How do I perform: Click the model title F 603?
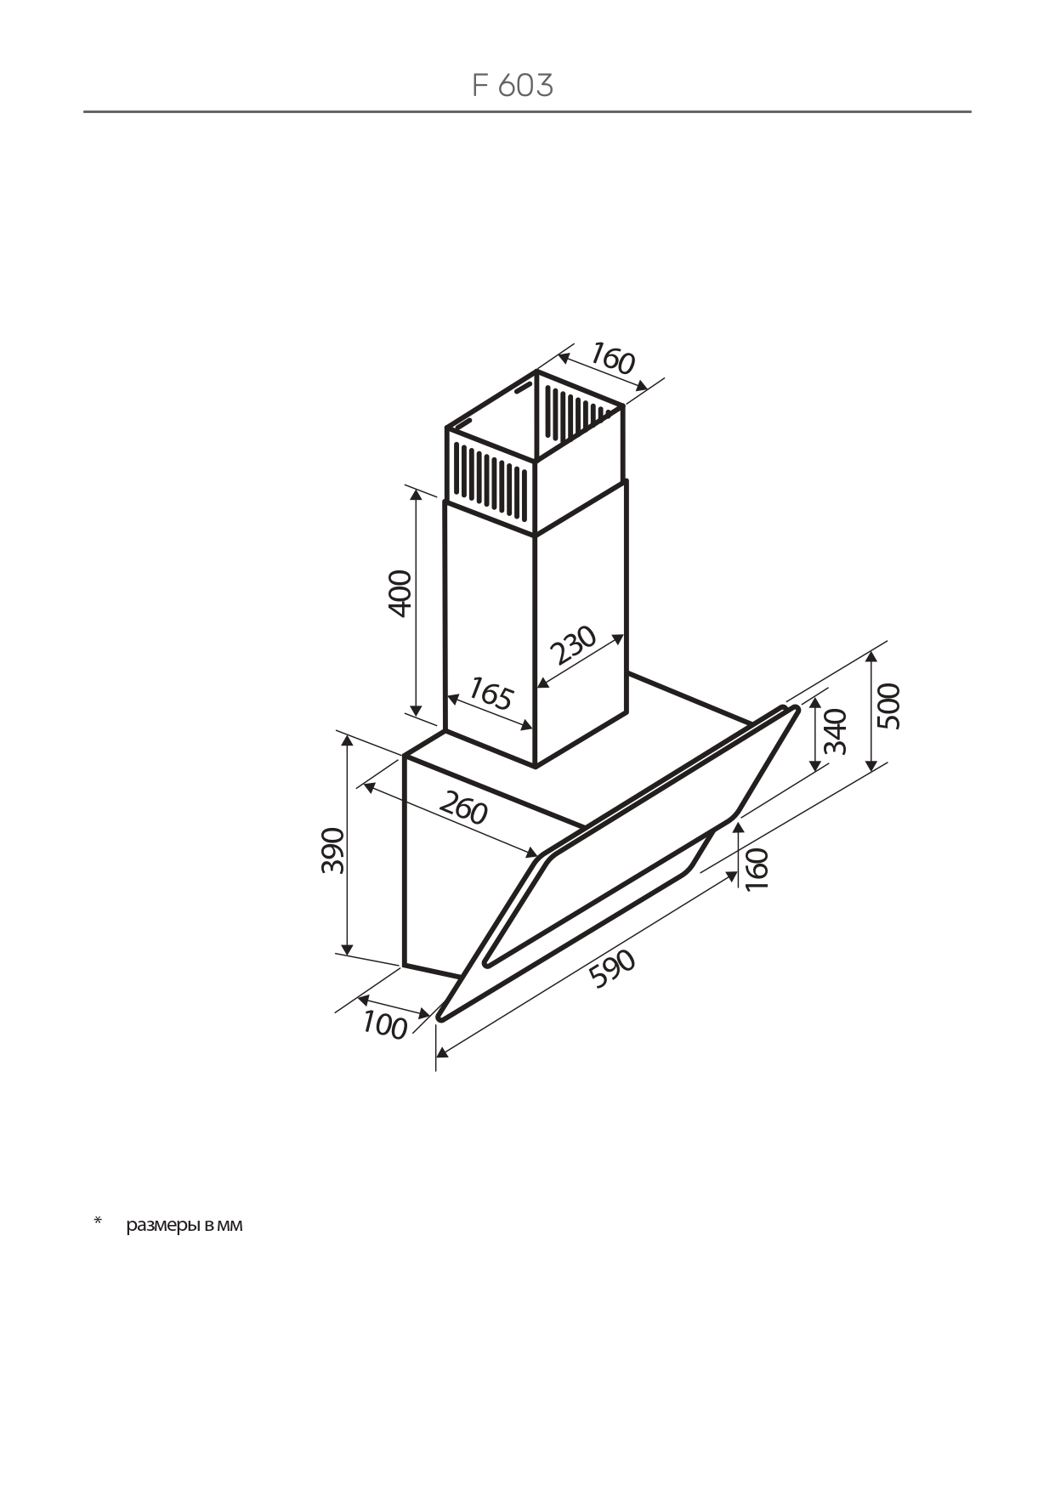[x=513, y=85]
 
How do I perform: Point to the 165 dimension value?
[x=491, y=694]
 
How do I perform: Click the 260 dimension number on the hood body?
[x=463, y=807]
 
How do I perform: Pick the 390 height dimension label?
[x=332, y=849]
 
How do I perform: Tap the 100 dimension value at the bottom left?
[x=385, y=1025]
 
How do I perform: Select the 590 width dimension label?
[x=612, y=969]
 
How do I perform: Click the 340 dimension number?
[x=835, y=731]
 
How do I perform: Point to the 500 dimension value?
[x=888, y=706]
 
